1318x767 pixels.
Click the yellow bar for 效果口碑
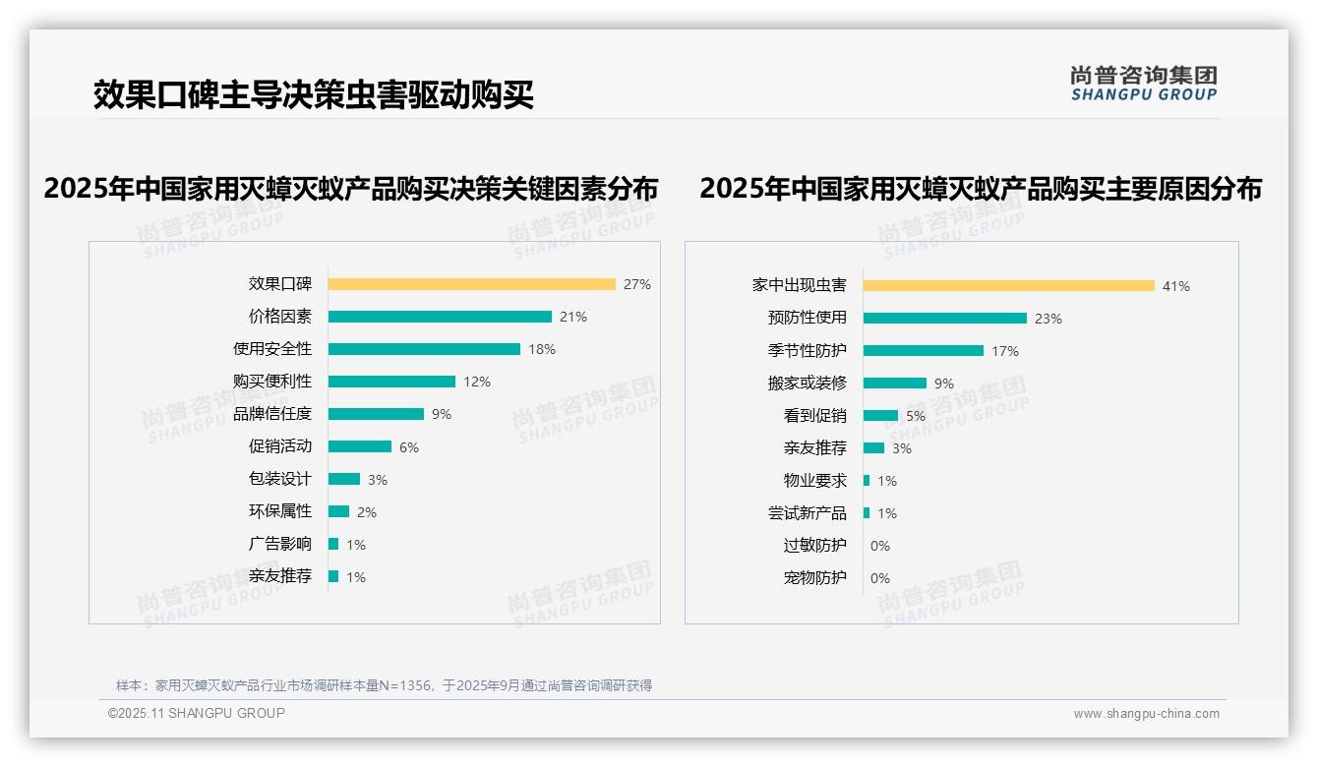(471, 284)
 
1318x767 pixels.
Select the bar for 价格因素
(440, 317)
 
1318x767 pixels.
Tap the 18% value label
(542, 349)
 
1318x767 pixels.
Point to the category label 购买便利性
(272, 382)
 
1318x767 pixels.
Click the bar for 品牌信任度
(376, 414)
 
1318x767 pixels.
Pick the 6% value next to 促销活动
(409, 447)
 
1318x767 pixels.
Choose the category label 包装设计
(280, 479)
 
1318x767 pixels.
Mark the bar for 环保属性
(338, 511)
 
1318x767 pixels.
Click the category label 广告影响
(280, 544)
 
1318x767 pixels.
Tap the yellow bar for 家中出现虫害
(1008, 286)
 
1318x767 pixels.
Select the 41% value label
(1176, 287)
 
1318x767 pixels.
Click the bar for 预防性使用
(944, 319)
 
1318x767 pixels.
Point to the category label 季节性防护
(808, 351)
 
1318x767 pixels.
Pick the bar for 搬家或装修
(894, 383)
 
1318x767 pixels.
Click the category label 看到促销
(815, 416)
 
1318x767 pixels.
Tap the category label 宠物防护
(815, 577)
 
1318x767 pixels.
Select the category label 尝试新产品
(808, 513)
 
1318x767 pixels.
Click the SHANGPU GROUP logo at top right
(1144, 84)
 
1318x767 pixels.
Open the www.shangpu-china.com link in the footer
(1146, 714)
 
